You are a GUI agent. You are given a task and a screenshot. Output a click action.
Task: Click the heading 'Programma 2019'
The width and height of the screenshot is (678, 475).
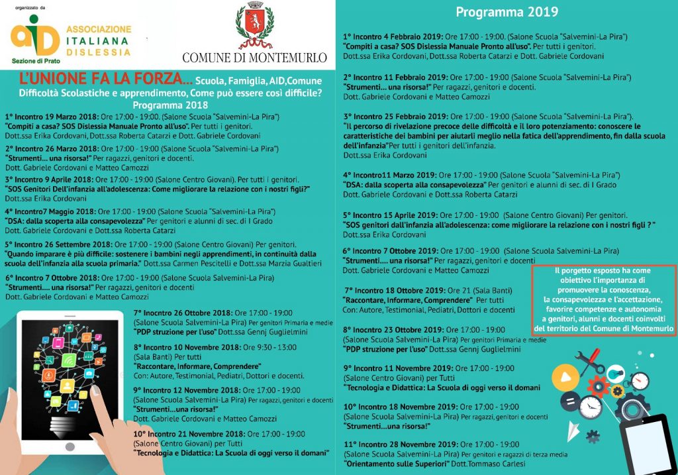[507, 12]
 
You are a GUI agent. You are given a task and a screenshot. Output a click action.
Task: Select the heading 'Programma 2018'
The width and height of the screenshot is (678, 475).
[170, 105]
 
